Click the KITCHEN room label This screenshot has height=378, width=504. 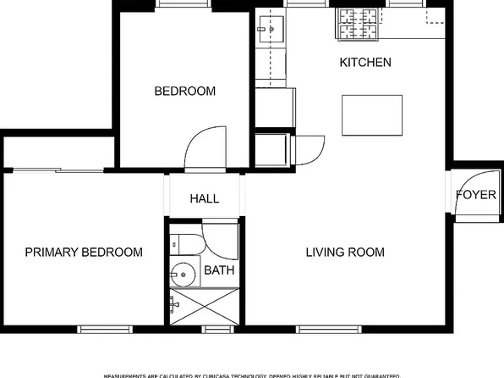pos(365,63)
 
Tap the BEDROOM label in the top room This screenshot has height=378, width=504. pos(184,91)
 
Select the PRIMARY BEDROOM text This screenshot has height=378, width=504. pos(83,253)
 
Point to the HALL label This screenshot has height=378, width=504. pos(205,199)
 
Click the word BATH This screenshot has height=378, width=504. pos(220,271)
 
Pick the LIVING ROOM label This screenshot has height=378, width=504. pos(345,253)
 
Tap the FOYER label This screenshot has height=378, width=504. pos(476,195)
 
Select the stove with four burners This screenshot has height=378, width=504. pos(360,24)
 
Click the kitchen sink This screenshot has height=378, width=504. pos(271,29)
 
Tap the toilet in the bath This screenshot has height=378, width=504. pos(185,246)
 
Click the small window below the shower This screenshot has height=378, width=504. pos(218,329)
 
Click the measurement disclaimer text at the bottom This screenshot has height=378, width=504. pos(251,375)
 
